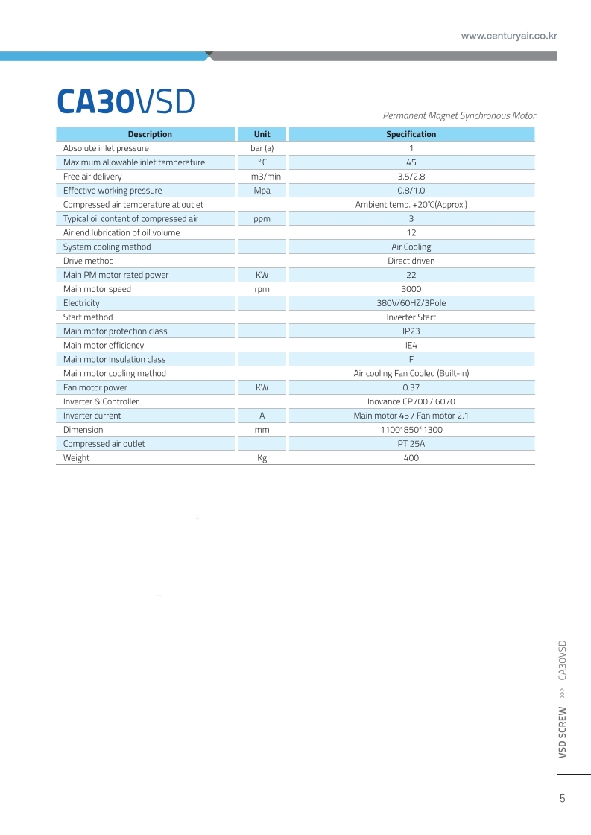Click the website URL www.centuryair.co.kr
coord(509,36)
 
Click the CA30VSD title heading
coord(125,102)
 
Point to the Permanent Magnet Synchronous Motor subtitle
coord(459,115)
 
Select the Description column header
coord(150,134)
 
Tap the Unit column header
coord(262,134)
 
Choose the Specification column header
coord(411,134)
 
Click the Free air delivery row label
coord(92,177)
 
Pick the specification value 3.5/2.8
coord(411,177)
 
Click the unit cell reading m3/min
coord(262,177)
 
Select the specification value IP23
coord(411,331)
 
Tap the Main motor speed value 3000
coord(411,289)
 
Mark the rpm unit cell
coord(262,289)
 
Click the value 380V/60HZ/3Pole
coord(411,303)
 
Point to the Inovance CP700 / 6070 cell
coord(411,401)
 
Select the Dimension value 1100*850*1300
coord(411,430)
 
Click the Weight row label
coord(76,458)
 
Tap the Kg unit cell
coord(262,458)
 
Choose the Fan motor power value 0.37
coord(411,387)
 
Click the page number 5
coord(562,799)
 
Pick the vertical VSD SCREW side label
coord(563,732)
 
